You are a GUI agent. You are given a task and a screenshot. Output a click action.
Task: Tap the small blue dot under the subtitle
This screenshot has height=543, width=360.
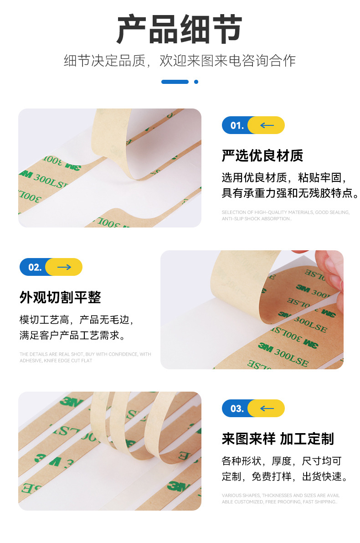pyautogui.click(x=196, y=82)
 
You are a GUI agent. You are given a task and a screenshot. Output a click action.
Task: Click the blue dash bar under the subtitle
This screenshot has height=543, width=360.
pyautogui.click(x=175, y=82)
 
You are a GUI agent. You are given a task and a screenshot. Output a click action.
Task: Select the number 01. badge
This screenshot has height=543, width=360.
pyautogui.click(x=237, y=125)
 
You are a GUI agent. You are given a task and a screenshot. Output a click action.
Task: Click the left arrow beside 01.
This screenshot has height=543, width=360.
pyautogui.click(x=267, y=125)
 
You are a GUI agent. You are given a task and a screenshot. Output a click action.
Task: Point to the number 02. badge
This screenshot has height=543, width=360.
pyautogui.click(x=34, y=267)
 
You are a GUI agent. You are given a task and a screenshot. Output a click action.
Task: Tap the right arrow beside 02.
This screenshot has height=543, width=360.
pyautogui.click(x=64, y=267)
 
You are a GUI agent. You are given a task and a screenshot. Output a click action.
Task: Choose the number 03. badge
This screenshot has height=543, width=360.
pyautogui.click(x=237, y=409)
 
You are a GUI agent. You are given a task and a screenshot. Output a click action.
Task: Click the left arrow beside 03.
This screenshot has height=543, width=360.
pyautogui.click(x=267, y=409)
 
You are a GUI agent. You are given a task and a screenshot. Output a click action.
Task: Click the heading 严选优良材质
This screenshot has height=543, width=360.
pyautogui.click(x=262, y=156)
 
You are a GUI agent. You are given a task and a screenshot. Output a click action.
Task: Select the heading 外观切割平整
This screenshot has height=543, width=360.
pyautogui.click(x=60, y=298)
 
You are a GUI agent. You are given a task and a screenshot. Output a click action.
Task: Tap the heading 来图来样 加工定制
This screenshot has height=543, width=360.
pyautogui.click(x=278, y=439)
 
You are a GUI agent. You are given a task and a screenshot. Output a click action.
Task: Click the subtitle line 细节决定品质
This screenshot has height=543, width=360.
pyautogui.click(x=180, y=61)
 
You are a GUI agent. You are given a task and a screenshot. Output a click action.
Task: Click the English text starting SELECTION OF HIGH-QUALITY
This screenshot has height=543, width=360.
pyautogui.click(x=285, y=216)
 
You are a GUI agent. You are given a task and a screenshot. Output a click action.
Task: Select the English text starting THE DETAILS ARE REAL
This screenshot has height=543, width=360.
pyautogui.click(x=85, y=357)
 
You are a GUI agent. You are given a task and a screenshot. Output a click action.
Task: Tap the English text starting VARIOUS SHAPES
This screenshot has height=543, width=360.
pyautogui.click(x=281, y=499)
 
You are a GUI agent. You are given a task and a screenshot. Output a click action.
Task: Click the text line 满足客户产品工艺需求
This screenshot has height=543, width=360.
pyautogui.click(x=72, y=336)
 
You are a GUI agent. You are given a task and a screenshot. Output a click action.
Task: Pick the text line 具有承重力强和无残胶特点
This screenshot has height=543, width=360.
pyautogui.click(x=290, y=193)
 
